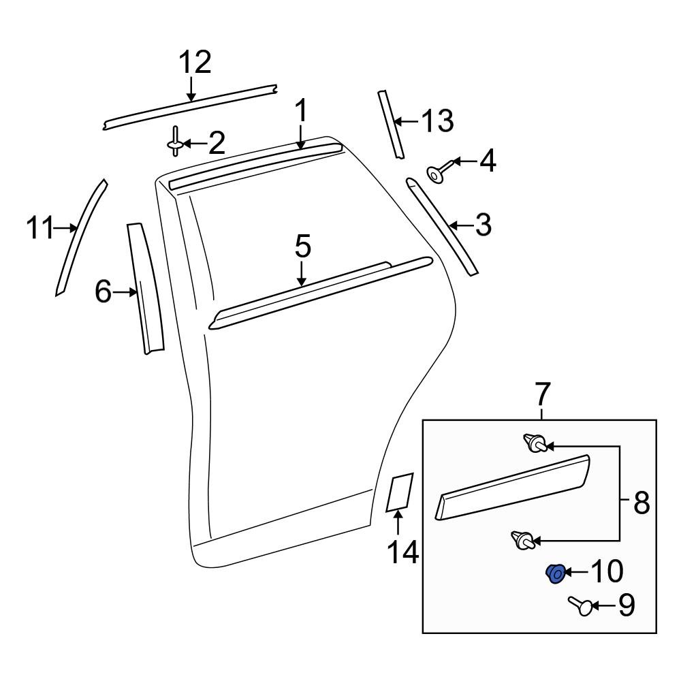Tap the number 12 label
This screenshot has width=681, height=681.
click(195, 63)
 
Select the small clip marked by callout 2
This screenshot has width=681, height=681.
click(175, 141)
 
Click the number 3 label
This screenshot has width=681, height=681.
click(482, 224)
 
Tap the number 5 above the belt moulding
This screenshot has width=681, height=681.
click(302, 246)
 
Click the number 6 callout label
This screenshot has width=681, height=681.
click(103, 292)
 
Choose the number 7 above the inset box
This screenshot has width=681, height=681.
click(541, 394)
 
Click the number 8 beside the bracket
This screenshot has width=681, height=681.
click(641, 505)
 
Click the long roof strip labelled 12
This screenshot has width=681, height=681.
click(191, 106)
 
